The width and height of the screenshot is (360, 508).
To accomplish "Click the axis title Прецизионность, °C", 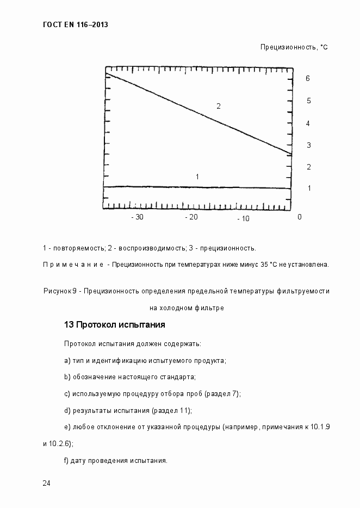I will coord(294,47).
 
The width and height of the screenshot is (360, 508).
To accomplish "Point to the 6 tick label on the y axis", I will coord(308,78).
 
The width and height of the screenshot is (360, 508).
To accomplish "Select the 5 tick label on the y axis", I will coord(308,101).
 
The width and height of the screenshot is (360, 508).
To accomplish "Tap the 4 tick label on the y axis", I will coord(308,123).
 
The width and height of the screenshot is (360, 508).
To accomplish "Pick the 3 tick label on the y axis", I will coord(308,145).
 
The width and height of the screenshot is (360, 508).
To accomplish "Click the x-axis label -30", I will coord(138,217).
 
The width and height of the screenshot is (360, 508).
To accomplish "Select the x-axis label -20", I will coord(191,217).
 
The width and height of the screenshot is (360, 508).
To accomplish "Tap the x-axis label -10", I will coord(243,218).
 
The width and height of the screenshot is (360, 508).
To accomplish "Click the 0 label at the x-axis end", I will coord(299,217).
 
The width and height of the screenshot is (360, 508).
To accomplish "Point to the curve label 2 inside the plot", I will coord(219,106).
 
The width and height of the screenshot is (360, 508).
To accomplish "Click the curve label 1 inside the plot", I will coord(197,177).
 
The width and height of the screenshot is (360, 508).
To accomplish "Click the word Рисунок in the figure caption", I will coord(57,291).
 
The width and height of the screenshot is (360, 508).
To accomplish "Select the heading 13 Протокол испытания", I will coord(114,325).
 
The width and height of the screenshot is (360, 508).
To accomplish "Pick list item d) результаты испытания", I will coord(128,410).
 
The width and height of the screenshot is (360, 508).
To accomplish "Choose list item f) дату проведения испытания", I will coord(115,461).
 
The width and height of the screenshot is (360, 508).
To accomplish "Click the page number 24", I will coord(47,484).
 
